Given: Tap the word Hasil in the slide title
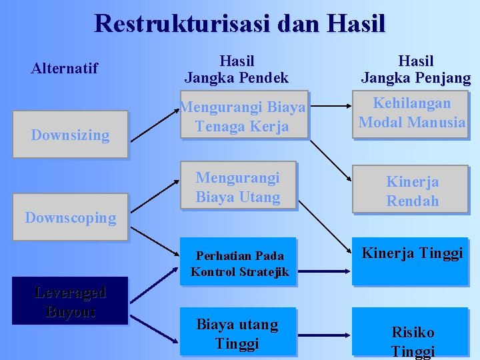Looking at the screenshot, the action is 357,23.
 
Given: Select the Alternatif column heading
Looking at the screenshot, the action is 65,68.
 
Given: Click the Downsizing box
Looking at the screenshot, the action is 70,135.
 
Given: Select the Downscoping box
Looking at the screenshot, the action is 70,217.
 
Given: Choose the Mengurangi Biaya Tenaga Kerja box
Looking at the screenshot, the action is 243,115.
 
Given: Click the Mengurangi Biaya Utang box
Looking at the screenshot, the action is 238,187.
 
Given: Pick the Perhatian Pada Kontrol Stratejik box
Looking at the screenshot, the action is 239,263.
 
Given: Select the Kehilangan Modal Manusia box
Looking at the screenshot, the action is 411,113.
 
